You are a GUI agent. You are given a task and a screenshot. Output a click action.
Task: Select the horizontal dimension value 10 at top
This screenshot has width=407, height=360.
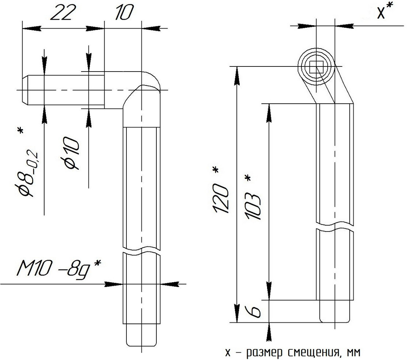point(123,12)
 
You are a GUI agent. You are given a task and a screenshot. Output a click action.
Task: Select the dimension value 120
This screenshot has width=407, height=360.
point(221,199)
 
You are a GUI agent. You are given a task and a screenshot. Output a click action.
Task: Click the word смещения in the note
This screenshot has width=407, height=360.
point(312,352)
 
